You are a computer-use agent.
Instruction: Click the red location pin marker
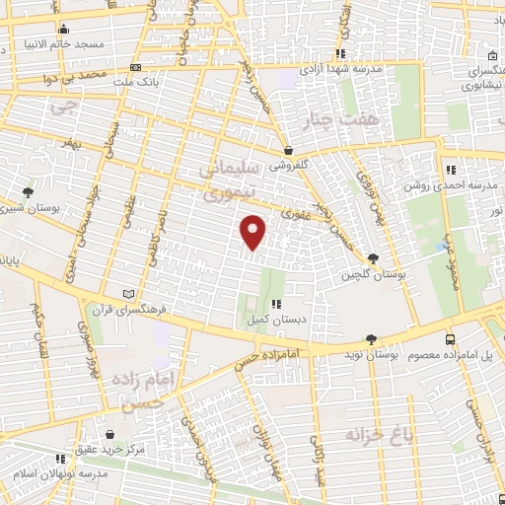point(254,233)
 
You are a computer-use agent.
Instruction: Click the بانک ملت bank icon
point(136,67)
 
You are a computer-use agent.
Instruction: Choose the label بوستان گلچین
point(374,274)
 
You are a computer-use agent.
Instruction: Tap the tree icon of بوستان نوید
point(372,339)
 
